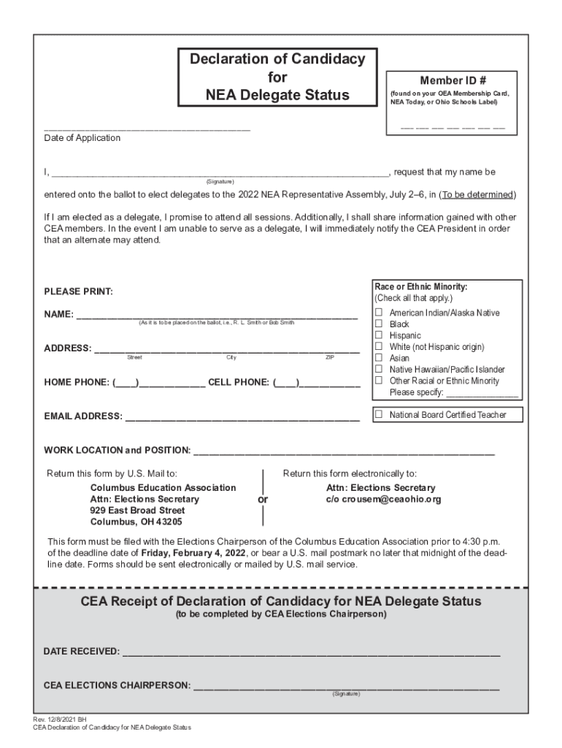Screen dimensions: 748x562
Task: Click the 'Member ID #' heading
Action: (453, 80)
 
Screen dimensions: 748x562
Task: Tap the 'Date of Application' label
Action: (82, 138)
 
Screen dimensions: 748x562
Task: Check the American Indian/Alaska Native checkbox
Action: (379, 313)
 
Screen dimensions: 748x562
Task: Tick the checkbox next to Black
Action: (379, 324)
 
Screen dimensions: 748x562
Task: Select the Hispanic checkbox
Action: (379, 335)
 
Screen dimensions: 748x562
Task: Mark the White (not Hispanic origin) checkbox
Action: (379, 346)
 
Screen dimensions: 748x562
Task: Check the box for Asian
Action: (379, 358)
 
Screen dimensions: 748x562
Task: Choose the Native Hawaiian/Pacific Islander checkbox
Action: (379, 370)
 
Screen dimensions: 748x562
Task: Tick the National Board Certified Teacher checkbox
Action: (379, 415)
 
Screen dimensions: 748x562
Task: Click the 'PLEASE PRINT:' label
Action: (78, 292)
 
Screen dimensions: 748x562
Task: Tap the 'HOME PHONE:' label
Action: (77, 382)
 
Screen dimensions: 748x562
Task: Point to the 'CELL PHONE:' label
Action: (239, 382)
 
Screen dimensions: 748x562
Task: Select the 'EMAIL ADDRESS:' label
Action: (83, 416)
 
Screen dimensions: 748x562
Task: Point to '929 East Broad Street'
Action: (137, 511)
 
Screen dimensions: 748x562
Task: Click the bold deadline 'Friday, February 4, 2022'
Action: (193, 553)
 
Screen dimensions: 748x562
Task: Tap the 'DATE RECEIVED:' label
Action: (82, 651)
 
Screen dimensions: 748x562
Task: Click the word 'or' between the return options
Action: (263, 500)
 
